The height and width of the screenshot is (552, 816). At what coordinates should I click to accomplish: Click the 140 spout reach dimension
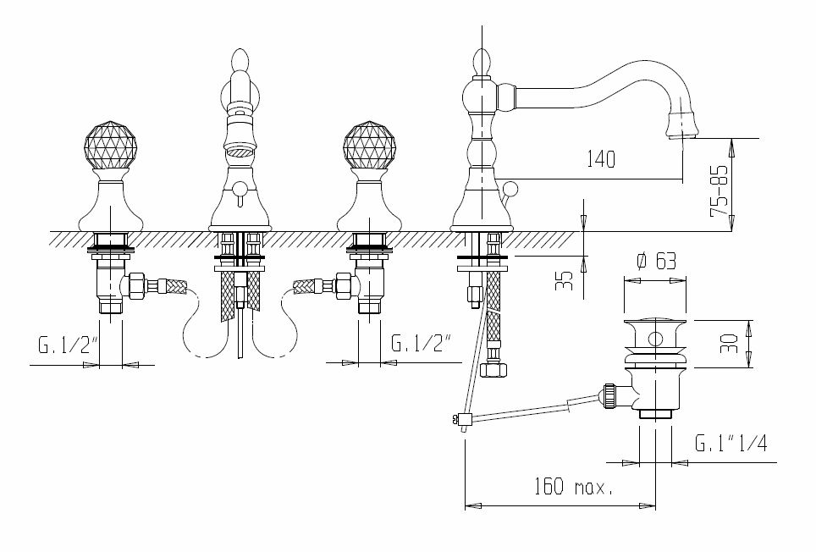coord(600,158)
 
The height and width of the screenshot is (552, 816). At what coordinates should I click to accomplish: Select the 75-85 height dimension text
coord(720,191)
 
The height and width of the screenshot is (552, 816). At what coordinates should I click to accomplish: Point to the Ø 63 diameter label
coord(657,261)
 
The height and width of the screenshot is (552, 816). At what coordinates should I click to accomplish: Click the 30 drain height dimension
coord(731,344)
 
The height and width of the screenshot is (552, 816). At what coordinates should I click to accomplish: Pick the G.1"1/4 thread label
coord(731,443)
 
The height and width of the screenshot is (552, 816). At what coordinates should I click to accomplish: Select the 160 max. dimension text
coord(573,487)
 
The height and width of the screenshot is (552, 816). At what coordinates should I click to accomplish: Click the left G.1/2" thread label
coord(68,345)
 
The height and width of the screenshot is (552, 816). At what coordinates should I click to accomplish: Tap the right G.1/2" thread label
coord(421,345)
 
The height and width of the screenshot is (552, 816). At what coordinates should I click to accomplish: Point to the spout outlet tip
coord(681,135)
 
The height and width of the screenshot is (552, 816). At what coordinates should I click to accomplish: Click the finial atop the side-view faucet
coord(481,62)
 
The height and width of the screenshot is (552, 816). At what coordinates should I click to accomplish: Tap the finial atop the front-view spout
coord(240,61)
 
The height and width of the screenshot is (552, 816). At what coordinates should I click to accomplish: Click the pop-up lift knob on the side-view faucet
coord(510,188)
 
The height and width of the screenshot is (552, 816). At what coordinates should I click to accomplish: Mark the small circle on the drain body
coord(655,340)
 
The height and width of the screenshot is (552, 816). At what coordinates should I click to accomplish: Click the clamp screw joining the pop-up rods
coord(460,417)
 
